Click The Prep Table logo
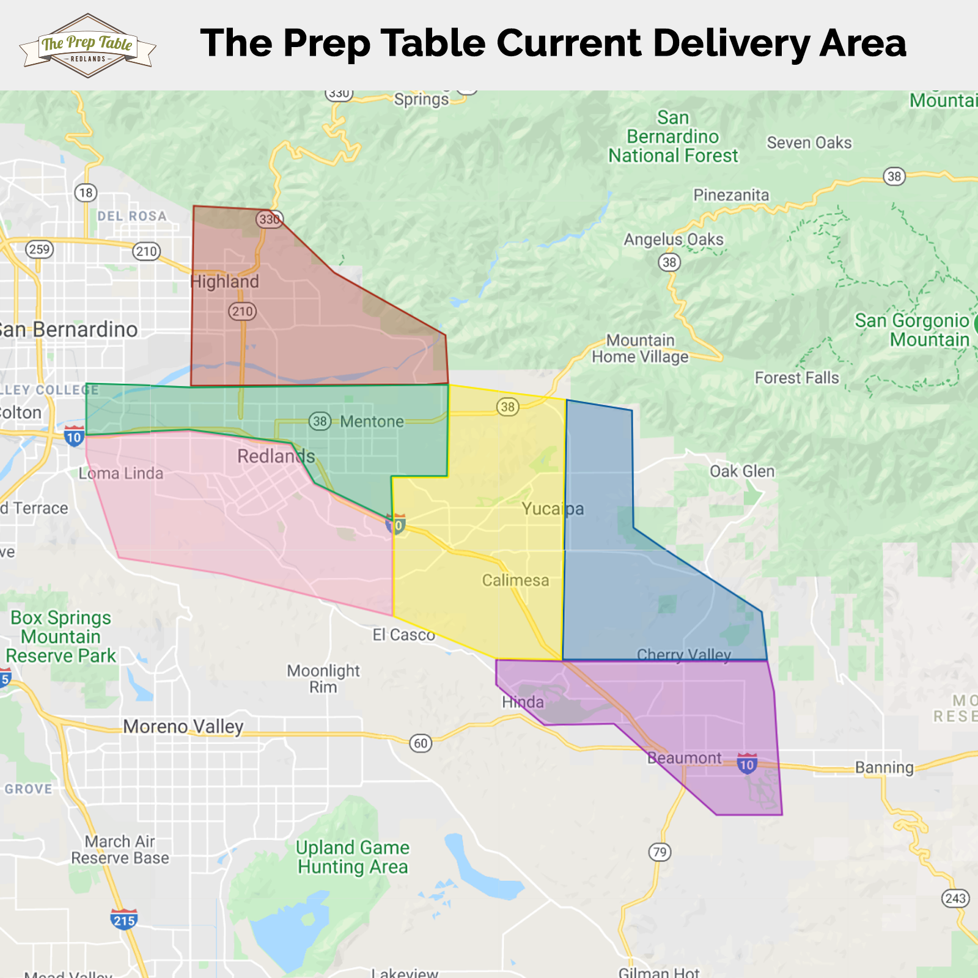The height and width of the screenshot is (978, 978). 87,46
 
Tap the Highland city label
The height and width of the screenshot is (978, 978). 224,282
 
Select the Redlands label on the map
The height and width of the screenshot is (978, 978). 276,456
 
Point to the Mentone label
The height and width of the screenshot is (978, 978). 372,422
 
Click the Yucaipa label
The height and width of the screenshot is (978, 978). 553,509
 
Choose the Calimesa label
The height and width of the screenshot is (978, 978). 515,580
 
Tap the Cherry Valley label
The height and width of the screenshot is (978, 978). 683,655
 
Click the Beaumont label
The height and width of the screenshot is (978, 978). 685,758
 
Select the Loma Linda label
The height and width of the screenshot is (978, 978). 121,473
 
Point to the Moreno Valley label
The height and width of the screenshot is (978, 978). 183,726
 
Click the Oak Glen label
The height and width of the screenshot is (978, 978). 742,471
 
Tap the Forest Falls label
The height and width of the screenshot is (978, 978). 797,378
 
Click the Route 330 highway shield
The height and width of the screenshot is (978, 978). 269,219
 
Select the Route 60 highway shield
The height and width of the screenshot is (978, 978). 421,743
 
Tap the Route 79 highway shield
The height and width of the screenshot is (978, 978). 660,852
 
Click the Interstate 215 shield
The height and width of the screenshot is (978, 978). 124,919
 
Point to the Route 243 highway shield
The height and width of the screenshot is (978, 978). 955,898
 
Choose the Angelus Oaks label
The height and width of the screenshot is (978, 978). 674,240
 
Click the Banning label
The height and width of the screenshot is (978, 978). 884,767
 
